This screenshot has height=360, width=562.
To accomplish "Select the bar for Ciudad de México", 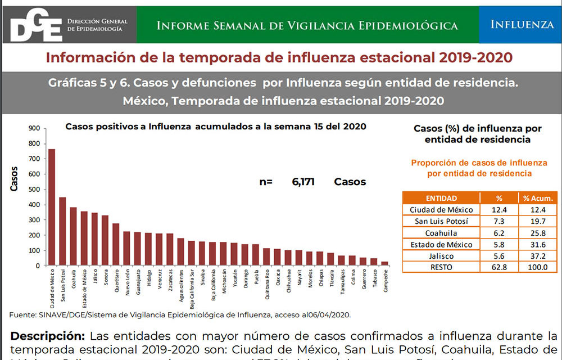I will (x=52, y=207).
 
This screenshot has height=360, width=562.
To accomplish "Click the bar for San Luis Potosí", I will (x=62, y=231).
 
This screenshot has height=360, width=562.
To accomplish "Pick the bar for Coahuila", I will (x=73, y=236).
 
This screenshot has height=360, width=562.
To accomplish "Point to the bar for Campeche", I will (x=384, y=263).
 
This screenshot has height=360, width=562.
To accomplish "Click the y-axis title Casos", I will (x=14, y=179).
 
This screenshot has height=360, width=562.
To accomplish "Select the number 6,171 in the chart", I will (x=303, y=182).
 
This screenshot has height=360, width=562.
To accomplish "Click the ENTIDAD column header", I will (x=441, y=198).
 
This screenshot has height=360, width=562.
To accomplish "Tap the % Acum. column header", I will (x=538, y=198).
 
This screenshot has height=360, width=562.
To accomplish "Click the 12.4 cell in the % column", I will (x=498, y=210).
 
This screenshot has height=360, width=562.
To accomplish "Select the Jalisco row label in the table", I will (x=441, y=256).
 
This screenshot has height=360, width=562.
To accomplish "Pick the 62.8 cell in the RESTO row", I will (x=498, y=267).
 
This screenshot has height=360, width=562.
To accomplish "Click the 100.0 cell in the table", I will (x=538, y=267).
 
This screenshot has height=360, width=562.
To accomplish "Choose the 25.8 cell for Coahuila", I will (x=538, y=233).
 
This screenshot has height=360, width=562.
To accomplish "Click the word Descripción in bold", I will (x=47, y=336).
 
